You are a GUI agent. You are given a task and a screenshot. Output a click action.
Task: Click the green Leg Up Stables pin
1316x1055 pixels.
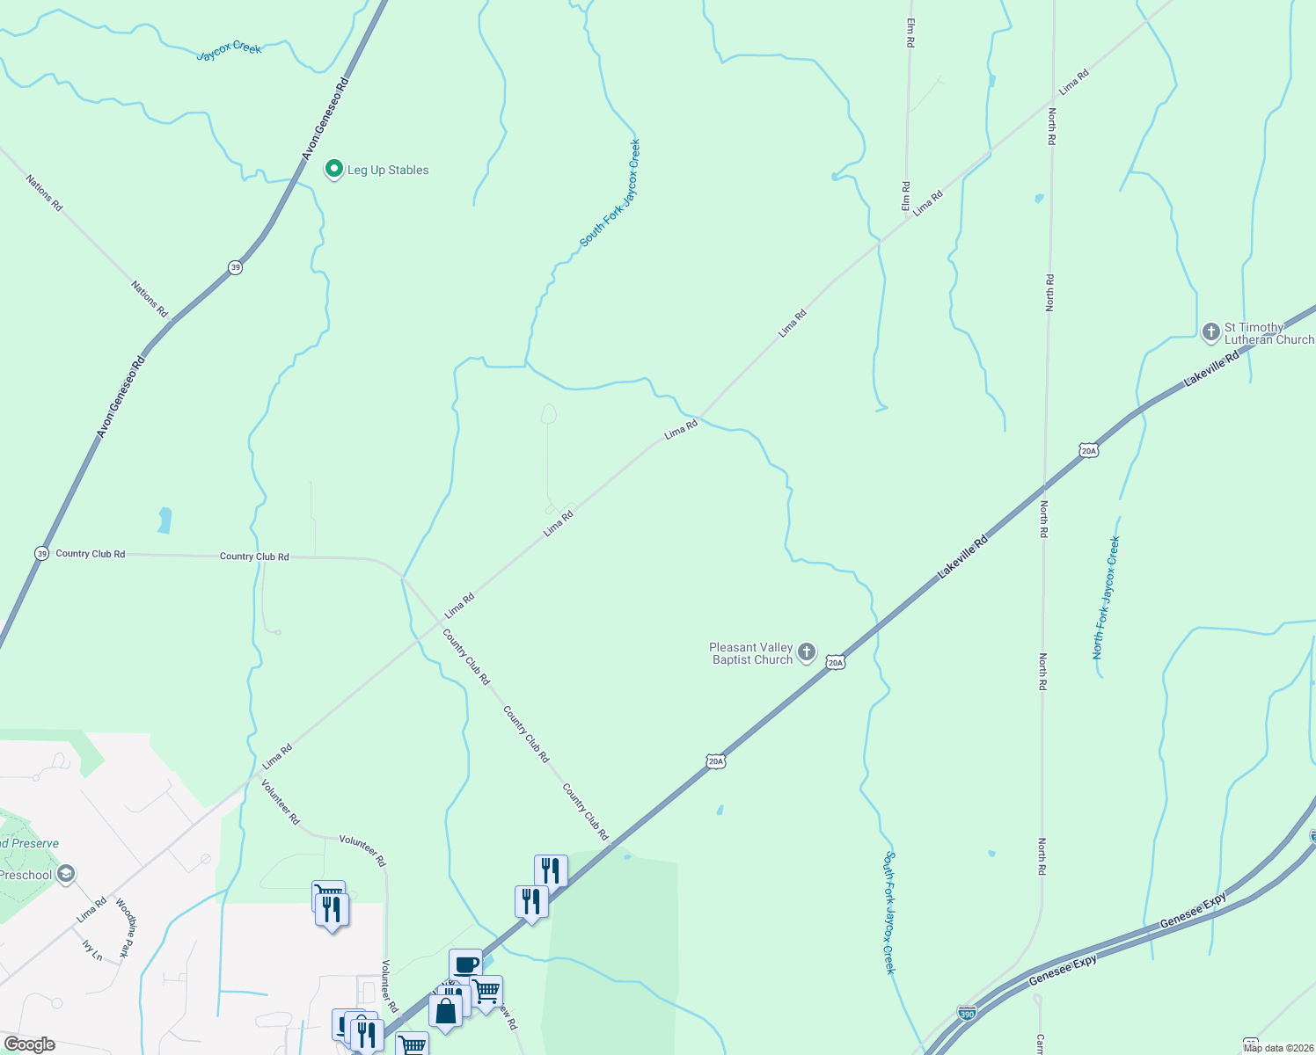point(333,169)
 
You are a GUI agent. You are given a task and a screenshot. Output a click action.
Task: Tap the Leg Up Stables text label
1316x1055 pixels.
point(388,171)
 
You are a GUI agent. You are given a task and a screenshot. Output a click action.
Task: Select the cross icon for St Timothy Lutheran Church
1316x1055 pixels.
point(1210,332)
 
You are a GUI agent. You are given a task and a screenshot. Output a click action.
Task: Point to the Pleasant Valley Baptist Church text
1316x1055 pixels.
point(751,654)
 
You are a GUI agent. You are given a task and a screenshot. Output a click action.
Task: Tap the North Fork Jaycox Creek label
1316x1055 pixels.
point(1106,598)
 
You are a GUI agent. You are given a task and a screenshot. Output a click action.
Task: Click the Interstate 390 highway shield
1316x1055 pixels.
point(967,1013)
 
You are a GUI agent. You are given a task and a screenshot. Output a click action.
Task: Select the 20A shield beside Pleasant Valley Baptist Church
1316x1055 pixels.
point(836,662)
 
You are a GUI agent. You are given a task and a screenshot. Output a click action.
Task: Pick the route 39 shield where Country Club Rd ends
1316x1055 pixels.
point(41,553)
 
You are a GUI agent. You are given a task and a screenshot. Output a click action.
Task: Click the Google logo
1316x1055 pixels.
point(29,1044)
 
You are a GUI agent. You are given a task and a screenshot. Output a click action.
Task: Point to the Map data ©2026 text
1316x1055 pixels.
point(1277,1048)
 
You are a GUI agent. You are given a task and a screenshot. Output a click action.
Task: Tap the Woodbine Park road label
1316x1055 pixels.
point(127,928)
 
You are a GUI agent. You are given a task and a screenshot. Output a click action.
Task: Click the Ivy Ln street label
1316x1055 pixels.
point(92,949)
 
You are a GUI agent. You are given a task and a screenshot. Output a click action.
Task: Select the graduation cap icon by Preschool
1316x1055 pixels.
point(65,874)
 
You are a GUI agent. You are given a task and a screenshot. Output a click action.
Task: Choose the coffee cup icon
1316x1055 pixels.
point(465,964)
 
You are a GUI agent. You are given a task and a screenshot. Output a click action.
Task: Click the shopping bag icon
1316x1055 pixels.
point(445,1010)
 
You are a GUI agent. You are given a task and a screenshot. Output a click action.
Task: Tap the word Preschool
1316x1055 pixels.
point(26,875)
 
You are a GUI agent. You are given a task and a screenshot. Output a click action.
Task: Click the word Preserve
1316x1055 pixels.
point(35,843)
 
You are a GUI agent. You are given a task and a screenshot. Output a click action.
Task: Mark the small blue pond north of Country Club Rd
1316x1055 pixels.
point(164,520)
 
